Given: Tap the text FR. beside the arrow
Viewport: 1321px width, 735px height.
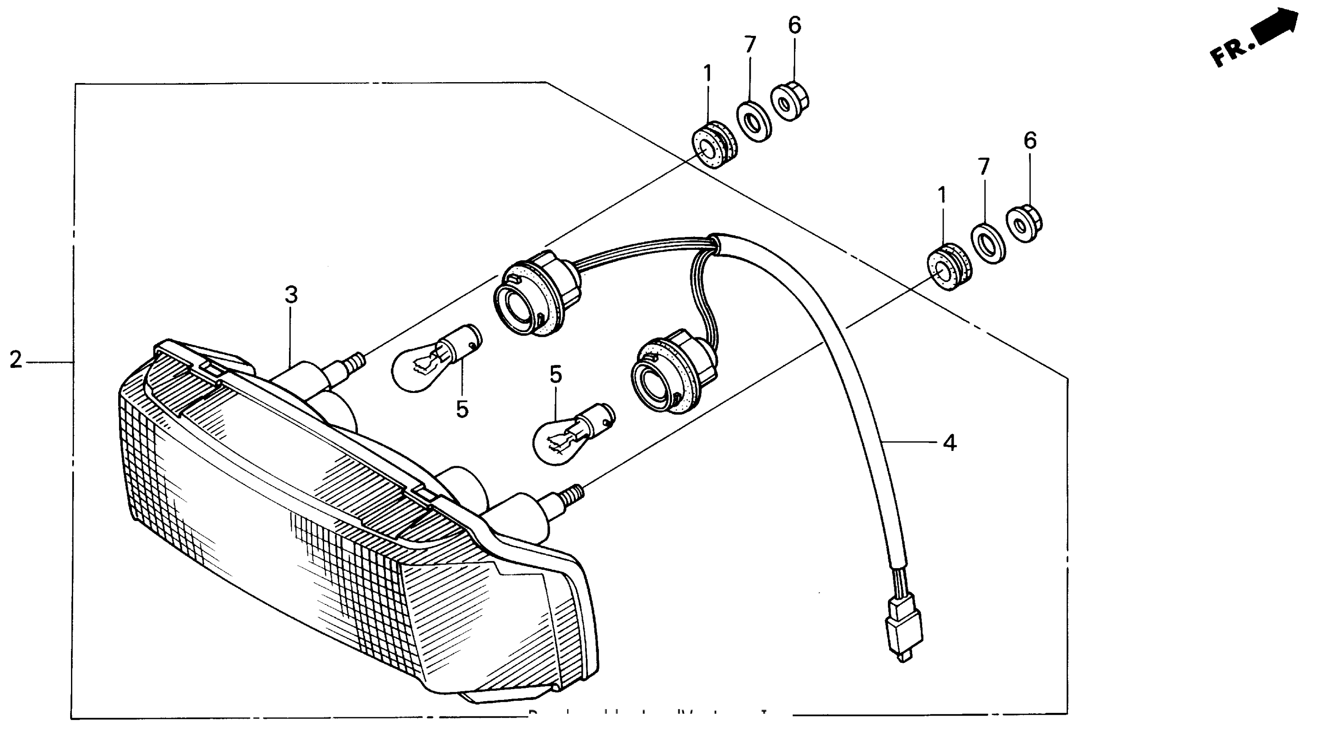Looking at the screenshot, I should (x=1231, y=52).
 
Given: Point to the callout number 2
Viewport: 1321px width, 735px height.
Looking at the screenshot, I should (x=16, y=360).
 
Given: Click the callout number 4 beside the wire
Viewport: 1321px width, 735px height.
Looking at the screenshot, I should (x=950, y=442).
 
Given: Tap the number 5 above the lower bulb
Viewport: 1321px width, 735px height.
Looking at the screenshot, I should (x=556, y=375).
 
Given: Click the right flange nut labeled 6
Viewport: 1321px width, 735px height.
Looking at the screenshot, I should (x=1025, y=224).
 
